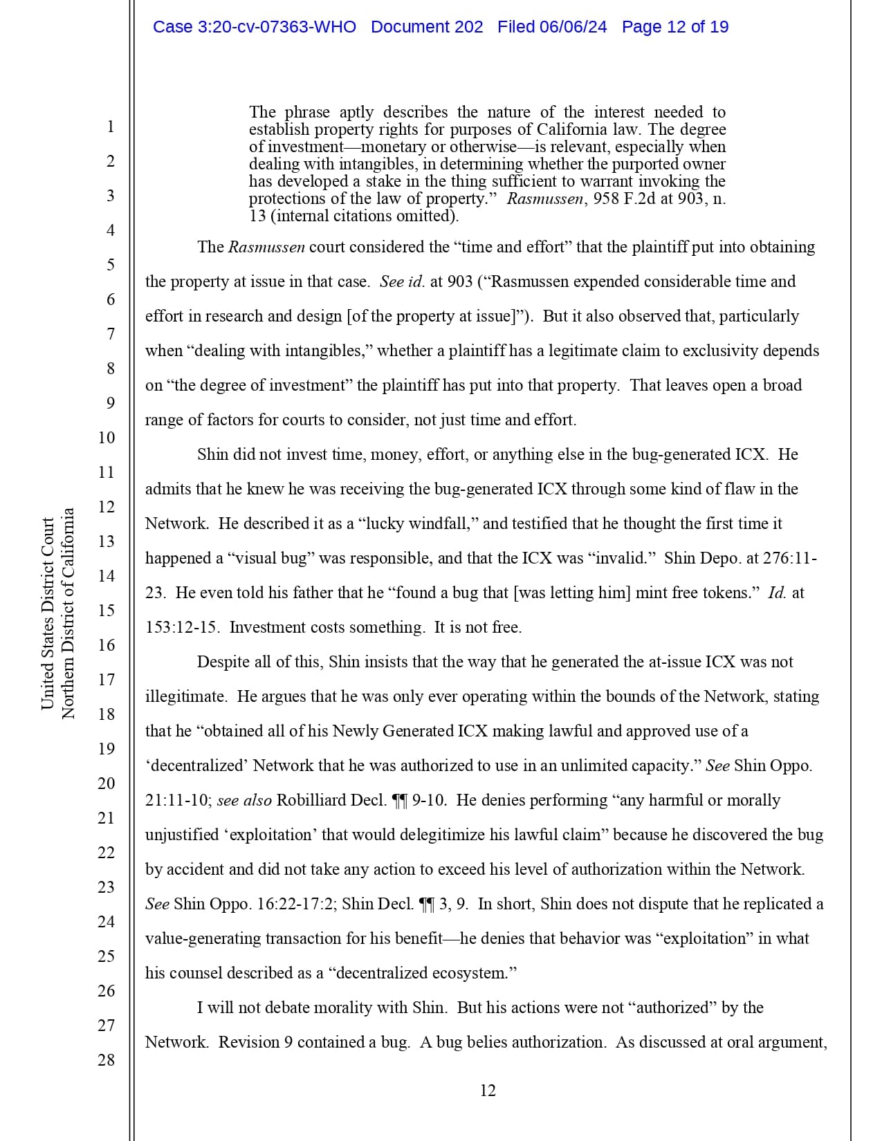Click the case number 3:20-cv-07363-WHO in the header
click(254, 27)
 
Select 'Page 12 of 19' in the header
click(674, 27)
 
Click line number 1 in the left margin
click(110, 127)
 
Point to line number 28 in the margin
click(106, 1059)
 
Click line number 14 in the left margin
click(106, 575)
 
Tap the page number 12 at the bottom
click(488, 1091)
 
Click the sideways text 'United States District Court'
click(48, 613)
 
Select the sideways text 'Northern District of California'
click(68, 613)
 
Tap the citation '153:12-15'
click(181, 627)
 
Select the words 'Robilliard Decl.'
click(331, 800)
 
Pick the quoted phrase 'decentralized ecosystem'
click(421, 973)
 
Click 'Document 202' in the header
click(427, 27)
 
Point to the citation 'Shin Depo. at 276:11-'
click(740, 558)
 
